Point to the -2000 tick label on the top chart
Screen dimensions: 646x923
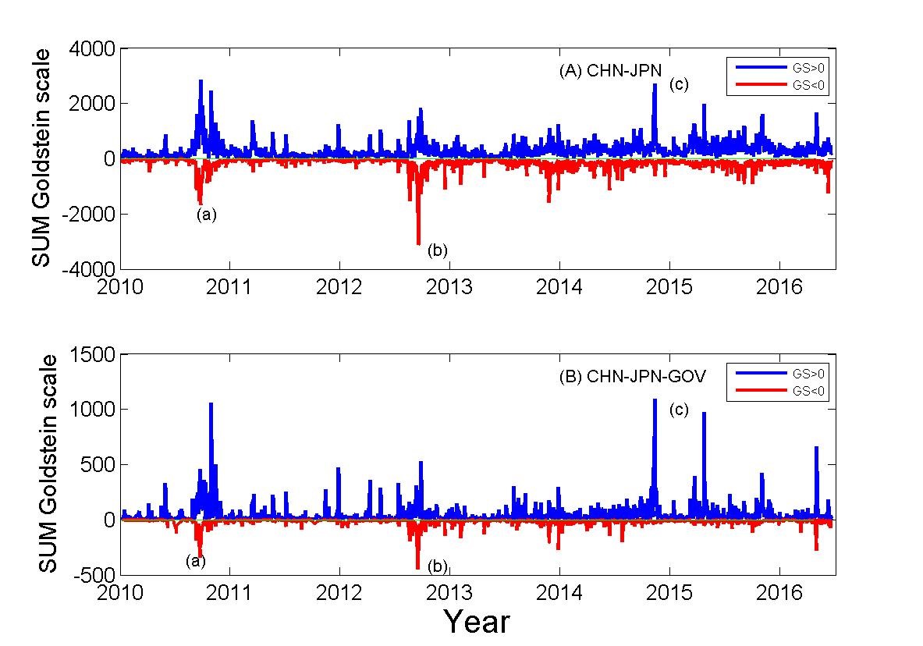tap(89, 214)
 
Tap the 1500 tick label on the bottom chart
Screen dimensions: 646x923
tap(95, 355)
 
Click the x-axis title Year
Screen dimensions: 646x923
tap(477, 622)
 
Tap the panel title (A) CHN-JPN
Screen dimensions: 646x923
tap(610, 71)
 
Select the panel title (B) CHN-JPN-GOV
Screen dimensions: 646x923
tap(632, 377)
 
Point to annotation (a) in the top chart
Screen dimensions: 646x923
tap(206, 215)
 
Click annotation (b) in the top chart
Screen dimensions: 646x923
tap(438, 250)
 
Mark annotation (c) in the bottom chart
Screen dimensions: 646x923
tap(679, 410)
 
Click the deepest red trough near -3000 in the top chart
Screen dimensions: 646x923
tap(418, 243)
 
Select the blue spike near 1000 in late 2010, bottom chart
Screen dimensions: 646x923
tap(211, 405)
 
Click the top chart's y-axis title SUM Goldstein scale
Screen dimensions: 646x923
tap(42, 158)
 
